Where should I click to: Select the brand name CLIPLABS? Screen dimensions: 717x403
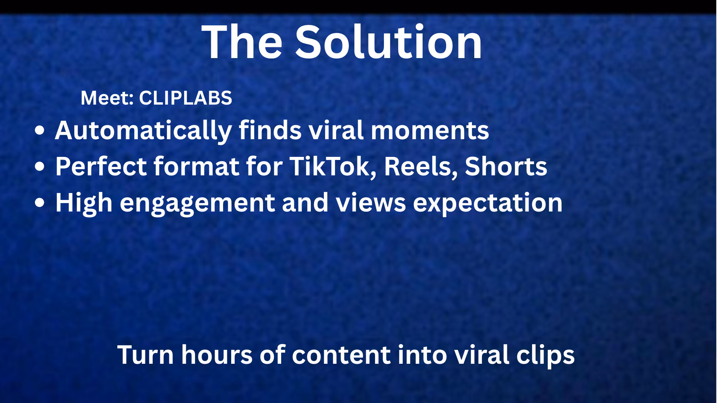click(185, 98)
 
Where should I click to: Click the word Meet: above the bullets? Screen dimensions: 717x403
click(107, 98)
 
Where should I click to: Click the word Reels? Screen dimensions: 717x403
click(421, 167)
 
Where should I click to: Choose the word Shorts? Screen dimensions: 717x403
click(506, 167)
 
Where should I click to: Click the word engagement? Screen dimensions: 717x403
click(197, 203)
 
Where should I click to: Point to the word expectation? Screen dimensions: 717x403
click(488, 203)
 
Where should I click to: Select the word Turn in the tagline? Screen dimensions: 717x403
click(145, 355)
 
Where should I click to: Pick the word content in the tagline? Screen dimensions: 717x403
click(341, 355)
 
